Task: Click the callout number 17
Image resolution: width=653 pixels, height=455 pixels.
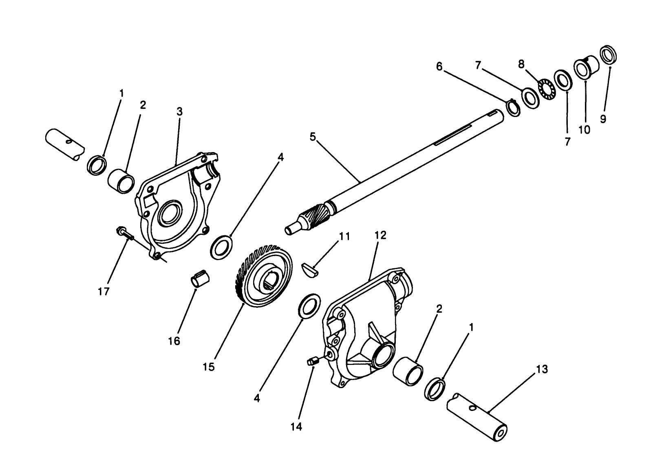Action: pos(104,292)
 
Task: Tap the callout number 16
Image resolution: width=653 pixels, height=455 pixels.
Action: pos(174,341)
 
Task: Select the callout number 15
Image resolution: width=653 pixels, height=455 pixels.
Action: pos(209,367)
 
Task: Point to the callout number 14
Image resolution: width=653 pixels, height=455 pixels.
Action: pos(296,427)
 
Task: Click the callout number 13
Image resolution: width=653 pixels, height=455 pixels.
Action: pos(542,369)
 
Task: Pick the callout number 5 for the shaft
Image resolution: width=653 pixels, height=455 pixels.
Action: pos(313,137)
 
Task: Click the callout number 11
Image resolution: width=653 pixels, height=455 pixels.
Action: pos(344,236)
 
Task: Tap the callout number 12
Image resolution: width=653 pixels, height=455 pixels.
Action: pos(380,235)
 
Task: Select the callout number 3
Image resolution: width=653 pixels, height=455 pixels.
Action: pos(180,111)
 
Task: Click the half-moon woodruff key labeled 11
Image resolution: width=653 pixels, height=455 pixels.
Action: pos(310,270)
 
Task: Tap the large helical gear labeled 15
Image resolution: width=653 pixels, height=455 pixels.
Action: pos(263,276)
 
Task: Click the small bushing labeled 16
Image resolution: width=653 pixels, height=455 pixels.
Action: pos(200,278)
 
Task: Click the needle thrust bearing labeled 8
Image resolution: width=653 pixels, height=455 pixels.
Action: pos(547,88)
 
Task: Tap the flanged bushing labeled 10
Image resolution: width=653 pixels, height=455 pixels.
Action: pos(586,67)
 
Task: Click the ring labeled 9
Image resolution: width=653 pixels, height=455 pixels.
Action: pos(609,55)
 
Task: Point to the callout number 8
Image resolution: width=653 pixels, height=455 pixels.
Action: pos(521,64)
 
